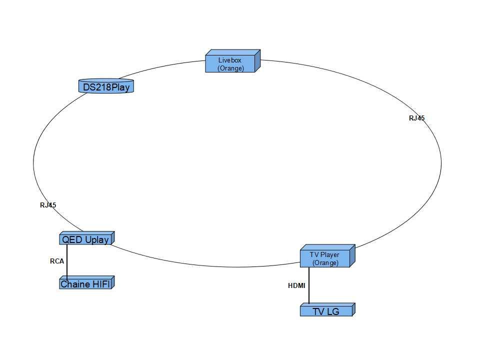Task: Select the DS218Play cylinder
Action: (x=106, y=87)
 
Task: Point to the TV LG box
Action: (x=325, y=311)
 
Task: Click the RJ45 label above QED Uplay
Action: (x=48, y=204)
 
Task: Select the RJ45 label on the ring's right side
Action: (x=416, y=118)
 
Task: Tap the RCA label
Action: (x=57, y=261)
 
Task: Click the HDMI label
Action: (x=296, y=286)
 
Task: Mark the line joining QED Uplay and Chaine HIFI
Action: (x=67, y=261)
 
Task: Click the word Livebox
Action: (x=230, y=60)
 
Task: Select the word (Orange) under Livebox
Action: (x=230, y=68)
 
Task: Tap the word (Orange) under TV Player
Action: (x=325, y=263)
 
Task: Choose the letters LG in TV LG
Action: (x=332, y=311)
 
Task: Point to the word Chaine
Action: (x=75, y=284)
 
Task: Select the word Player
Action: (x=331, y=255)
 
